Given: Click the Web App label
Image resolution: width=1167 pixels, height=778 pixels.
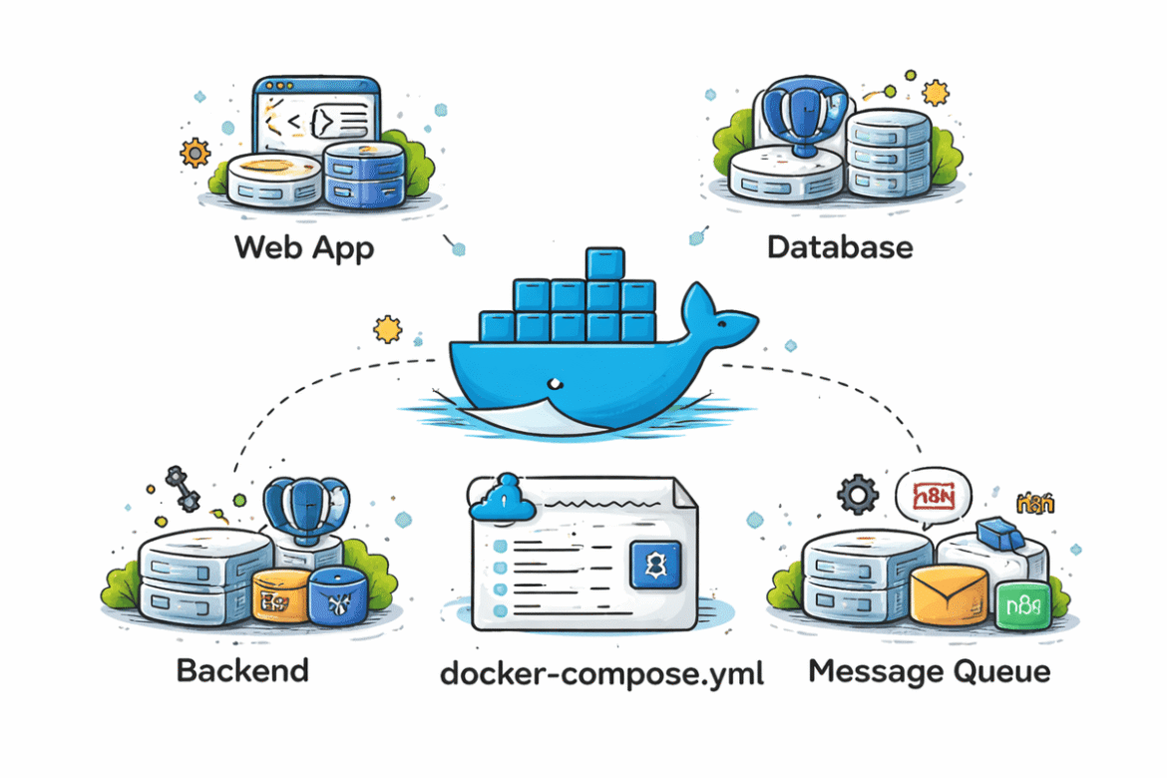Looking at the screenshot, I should [304, 246].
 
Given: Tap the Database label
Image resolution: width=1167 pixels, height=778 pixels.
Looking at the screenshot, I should [840, 246].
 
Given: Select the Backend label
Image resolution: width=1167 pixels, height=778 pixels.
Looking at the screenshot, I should [242, 669].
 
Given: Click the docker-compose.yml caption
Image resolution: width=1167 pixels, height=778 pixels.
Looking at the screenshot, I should [601, 674].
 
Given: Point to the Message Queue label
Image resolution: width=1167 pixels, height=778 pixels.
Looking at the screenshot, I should [929, 671].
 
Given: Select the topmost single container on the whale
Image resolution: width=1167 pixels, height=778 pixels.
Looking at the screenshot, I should [604, 264].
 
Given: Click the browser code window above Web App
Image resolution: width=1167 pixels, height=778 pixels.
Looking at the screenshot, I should [315, 119].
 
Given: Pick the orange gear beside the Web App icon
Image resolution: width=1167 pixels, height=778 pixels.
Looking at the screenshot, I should [194, 154].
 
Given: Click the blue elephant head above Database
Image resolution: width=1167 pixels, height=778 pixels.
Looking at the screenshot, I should [796, 118].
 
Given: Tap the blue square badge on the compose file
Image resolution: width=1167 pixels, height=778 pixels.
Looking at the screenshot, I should [654, 564].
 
